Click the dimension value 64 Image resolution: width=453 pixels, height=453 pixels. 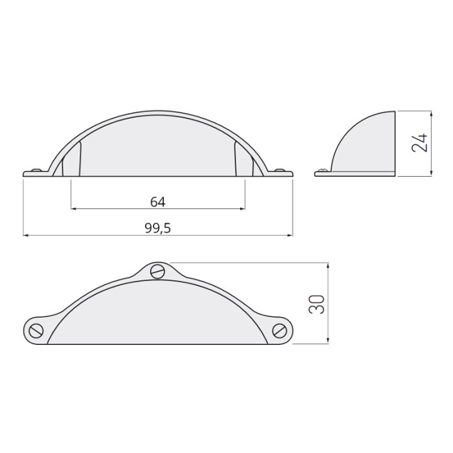pyautogui.click(x=158, y=202)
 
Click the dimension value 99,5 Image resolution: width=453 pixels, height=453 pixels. pyautogui.click(x=158, y=228)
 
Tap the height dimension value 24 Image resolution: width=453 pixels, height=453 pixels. pyautogui.click(x=419, y=143)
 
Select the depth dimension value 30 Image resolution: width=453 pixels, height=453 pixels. pyautogui.click(x=316, y=304)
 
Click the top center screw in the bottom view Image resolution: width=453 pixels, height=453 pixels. pyautogui.click(x=158, y=271)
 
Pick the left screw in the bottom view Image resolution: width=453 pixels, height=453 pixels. pyautogui.click(x=36, y=331)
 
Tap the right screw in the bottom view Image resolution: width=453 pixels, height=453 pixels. pyautogui.click(x=280, y=331)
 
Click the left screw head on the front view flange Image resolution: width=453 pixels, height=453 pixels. pyautogui.click(x=36, y=170)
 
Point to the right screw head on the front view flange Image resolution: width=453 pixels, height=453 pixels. pyautogui.click(x=280, y=170)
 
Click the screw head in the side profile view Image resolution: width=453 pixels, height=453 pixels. pyautogui.click(x=324, y=170)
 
